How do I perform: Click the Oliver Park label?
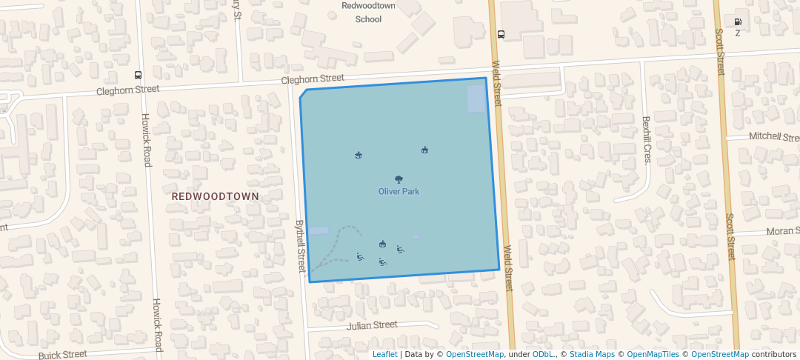coord(399,192)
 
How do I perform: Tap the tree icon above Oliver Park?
coord(399,179)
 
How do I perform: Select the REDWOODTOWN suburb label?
coord(216,196)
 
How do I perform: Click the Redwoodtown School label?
coord(368,12)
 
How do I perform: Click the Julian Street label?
coord(372,325)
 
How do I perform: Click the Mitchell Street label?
coord(773,137)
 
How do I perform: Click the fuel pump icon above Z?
coord(738,21)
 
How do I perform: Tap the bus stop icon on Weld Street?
coord(501,34)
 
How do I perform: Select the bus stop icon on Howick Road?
coord(138,75)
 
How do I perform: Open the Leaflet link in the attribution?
coord(385,354)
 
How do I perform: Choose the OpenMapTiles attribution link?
coord(652,354)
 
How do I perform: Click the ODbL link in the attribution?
coord(544,354)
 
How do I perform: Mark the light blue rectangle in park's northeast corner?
coord(476,99)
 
